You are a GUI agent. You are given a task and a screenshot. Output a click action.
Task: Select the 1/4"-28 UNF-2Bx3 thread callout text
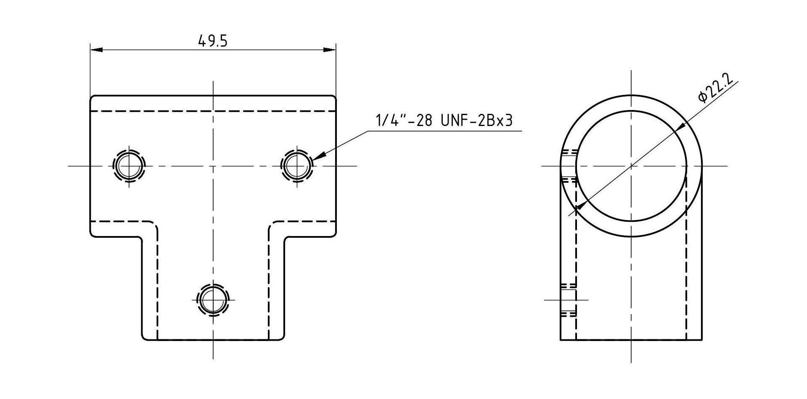point(444,121)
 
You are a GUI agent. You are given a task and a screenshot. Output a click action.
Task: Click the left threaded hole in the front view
point(129,166)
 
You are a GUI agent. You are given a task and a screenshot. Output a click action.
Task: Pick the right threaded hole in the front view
point(297,166)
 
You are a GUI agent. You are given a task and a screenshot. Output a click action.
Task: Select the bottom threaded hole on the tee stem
point(213,299)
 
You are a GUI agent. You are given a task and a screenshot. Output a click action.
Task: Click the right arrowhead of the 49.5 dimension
point(330,50)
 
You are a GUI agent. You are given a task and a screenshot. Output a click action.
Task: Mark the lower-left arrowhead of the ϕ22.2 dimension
point(581,205)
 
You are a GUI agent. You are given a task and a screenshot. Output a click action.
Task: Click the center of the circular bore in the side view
point(631,166)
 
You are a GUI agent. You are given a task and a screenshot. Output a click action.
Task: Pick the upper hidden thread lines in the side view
point(569,166)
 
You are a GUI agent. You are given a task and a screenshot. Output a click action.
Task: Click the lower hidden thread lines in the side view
point(568,299)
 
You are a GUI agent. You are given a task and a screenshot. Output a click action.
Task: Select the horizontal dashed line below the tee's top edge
point(213,111)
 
